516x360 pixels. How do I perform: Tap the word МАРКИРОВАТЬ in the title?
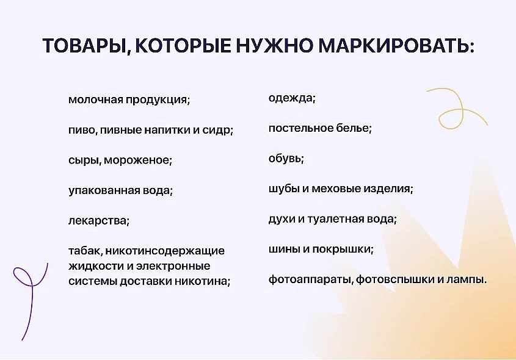(x=394, y=46)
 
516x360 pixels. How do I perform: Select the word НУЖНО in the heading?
(x=275, y=46)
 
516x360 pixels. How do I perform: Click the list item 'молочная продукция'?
(x=129, y=99)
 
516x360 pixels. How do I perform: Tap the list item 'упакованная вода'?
(x=120, y=191)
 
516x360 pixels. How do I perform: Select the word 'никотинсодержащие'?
(x=165, y=251)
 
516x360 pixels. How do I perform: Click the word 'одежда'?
(x=291, y=98)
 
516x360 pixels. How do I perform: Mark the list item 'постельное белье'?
(x=320, y=128)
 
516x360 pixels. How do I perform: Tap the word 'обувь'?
(x=285, y=159)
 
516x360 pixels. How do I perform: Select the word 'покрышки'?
(x=341, y=250)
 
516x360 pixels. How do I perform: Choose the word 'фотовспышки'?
(x=395, y=280)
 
